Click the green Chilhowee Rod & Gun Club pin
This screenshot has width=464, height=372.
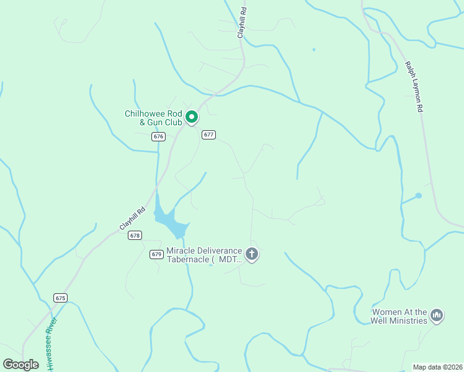tap(192, 117)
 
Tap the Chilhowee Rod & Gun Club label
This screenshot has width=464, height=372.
tap(154, 118)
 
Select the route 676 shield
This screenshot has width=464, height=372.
tap(159, 136)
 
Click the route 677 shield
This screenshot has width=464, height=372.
tap(208, 135)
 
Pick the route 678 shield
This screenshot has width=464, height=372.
tap(135, 235)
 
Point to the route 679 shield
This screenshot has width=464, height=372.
tap(156, 254)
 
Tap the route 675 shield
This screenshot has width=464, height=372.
tap(60, 298)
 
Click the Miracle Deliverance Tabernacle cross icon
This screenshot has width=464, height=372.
tap(252, 254)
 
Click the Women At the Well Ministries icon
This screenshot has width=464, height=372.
tap(437, 316)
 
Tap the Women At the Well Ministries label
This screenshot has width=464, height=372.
tap(399, 316)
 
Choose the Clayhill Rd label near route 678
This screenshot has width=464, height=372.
tap(132, 217)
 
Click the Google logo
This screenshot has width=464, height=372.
tap(21, 365)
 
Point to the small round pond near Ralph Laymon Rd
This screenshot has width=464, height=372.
tap(419, 196)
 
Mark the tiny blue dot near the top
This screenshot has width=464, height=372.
tap(314, 50)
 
